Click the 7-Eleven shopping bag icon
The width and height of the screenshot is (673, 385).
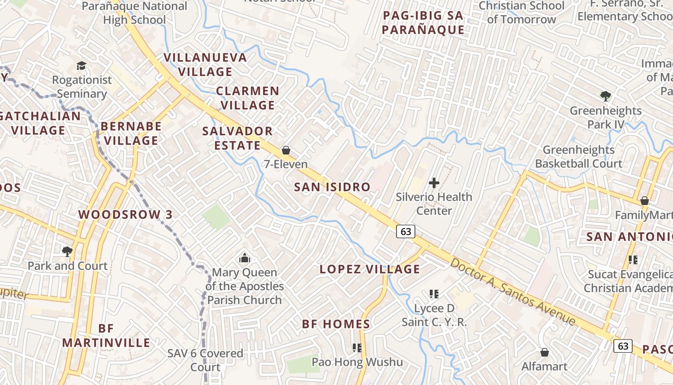point(286,150)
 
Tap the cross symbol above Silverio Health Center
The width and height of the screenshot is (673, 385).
point(434,183)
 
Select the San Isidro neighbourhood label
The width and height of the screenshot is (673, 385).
point(332,187)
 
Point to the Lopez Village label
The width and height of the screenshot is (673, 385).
point(370,269)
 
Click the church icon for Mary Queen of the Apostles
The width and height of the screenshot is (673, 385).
point(245,258)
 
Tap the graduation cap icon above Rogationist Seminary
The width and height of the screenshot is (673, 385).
point(81,65)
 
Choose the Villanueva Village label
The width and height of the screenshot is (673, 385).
point(205,64)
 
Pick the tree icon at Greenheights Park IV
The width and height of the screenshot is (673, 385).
point(606,96)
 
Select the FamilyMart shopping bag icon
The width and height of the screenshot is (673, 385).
point(645,201)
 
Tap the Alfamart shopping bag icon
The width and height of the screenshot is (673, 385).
point(545,352)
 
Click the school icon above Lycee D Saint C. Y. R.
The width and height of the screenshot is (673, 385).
point(434,294)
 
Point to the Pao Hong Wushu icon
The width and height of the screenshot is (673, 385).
point(357,347)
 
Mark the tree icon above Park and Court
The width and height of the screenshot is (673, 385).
point(67,251)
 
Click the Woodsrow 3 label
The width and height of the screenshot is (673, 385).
point(125,215)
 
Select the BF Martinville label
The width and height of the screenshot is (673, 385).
point(106,335)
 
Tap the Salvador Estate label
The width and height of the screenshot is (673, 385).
point(237,138)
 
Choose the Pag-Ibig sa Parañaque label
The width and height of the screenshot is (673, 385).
point(424,23)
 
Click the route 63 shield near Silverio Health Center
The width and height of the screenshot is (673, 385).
point(406,231)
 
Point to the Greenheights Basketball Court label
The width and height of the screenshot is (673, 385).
point(579,157)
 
